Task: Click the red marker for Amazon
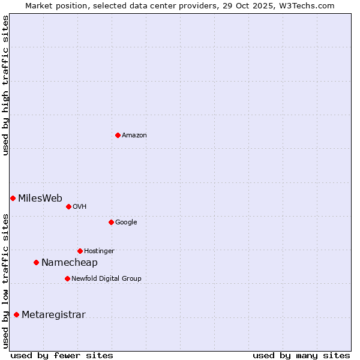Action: pos(118,135)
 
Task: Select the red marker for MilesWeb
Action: pos(13,198)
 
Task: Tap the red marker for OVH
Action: pos(68,206)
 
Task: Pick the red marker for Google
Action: pos(111,222)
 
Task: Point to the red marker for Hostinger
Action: pos(80,251)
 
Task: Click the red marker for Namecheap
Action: pos(36,262)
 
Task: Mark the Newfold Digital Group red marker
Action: pos(67,278)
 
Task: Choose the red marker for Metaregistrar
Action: pos(16,314)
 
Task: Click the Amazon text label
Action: pos(134,136)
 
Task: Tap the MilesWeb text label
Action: pos(40,199)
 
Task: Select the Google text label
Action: pos(126,223)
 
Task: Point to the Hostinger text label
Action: pos(99,251)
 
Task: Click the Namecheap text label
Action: pos(69,263)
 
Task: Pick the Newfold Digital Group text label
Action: pos(106,279)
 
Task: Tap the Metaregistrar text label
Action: pos(53,315)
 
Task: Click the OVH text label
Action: pos(80,207)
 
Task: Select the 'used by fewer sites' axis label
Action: pos(62,355)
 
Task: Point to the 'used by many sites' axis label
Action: pos(301,355)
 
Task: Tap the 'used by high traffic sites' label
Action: pos(5,85)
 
